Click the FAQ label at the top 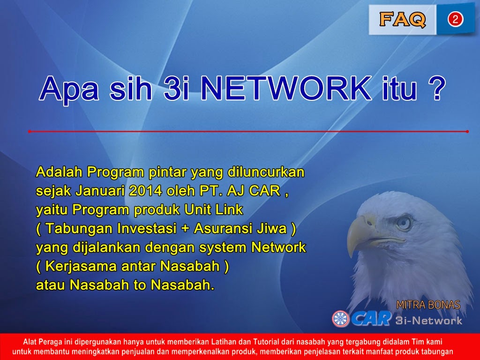402,19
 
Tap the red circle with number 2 455,19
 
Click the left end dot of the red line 29,132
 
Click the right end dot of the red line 467,132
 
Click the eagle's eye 402,223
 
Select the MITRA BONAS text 428,305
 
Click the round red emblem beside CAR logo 341,319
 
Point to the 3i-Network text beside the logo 429,321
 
